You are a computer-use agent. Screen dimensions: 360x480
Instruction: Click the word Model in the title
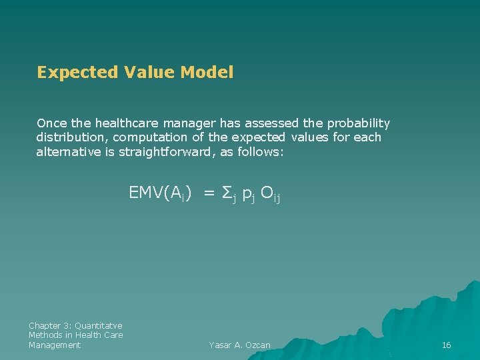(206, 73)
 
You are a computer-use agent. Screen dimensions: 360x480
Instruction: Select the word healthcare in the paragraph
(127, 123)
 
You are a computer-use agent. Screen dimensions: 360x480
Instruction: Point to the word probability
(358, 123)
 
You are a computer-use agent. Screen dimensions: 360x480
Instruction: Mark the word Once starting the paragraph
(50, 123)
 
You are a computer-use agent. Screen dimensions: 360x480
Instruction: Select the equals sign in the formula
(209, 193)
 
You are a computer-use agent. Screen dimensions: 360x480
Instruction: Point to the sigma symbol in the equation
(226, 193)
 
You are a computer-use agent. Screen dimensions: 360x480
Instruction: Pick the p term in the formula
(246, 195)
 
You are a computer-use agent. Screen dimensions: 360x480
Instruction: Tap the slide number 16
(447, 345)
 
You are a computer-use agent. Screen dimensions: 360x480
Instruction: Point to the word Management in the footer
(55, 345)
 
